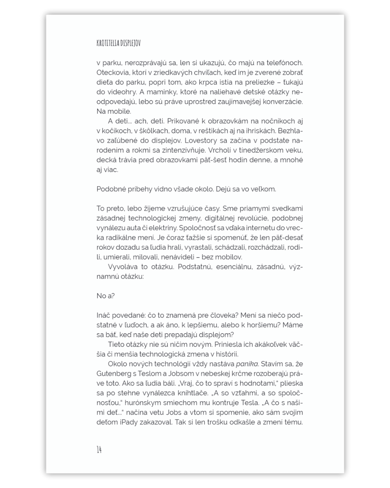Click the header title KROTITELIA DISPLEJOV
[118, 43]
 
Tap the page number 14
[99, 450]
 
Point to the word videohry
[120, 92]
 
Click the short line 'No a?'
[105, 296]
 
